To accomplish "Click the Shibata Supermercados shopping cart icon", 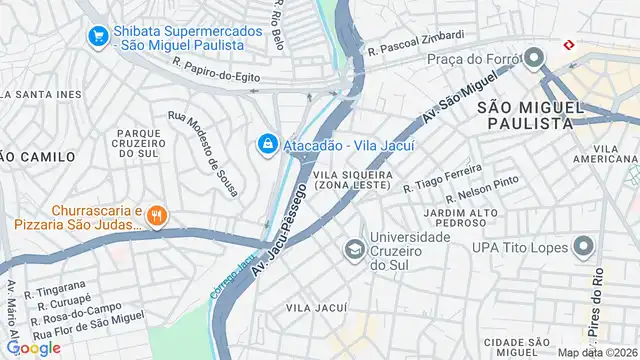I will point(98,37).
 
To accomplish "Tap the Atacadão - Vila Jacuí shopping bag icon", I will point(267,145).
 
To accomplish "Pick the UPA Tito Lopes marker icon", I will point(583,247).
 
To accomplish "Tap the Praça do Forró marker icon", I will point(534,57).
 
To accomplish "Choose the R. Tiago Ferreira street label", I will point(436,179).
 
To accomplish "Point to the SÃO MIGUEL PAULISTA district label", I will point(524,114).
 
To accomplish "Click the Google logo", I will point(33,347).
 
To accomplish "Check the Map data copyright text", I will point(596,352).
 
